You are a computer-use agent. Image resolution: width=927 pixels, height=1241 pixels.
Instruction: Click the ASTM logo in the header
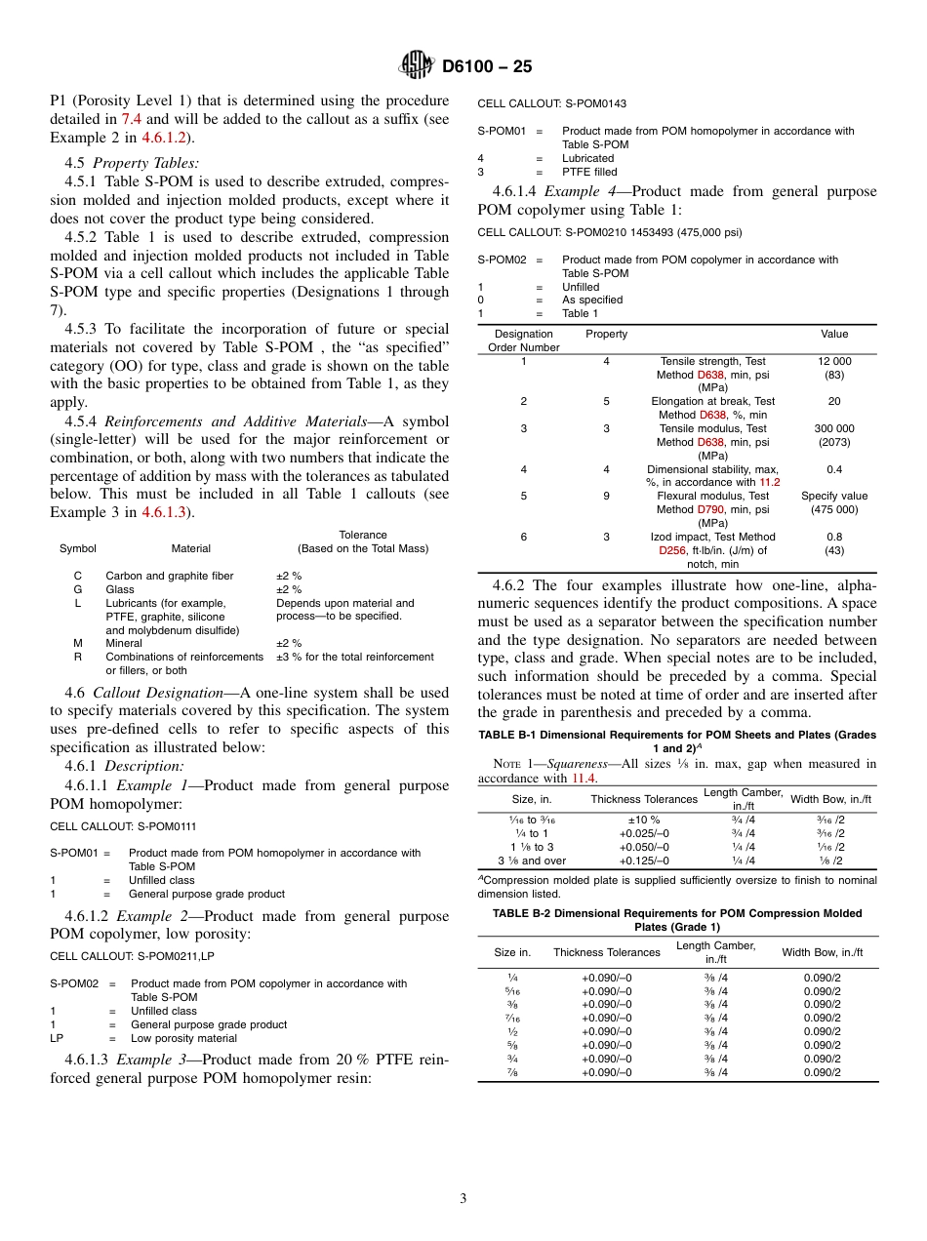click(x=417, y=66)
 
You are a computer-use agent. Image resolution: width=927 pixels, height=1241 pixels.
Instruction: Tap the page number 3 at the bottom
click(x=463, y=1199)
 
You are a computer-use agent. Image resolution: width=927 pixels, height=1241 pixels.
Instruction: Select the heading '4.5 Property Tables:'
click(x=132, y=163)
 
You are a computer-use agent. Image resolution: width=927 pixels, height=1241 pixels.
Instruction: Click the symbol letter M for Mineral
click(x=78, y=643)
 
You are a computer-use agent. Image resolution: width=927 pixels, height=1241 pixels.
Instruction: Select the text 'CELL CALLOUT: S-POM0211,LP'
click(x=132, y=956)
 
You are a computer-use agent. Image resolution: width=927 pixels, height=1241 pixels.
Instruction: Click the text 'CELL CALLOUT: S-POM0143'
click(x=551, y=102)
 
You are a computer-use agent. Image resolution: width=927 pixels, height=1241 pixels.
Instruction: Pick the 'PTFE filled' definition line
click(x=588, y=172)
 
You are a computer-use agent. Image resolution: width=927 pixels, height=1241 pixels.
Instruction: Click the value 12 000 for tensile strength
click(x=834, y=361)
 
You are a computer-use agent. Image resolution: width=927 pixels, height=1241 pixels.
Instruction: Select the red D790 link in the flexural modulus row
click(x=710, y=509)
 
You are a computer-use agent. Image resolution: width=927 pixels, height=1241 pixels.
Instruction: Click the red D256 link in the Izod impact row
click(x=674, y=550)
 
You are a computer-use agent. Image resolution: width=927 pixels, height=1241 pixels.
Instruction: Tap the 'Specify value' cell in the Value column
click(x=834, y=496)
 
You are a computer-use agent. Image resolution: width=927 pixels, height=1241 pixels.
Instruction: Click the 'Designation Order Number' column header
click(x=523, y=340)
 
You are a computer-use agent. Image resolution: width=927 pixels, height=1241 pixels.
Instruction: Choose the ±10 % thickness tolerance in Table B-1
click(x=643, y=820)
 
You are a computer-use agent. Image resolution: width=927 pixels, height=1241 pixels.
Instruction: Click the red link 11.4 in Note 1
click(x=583, y=779)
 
